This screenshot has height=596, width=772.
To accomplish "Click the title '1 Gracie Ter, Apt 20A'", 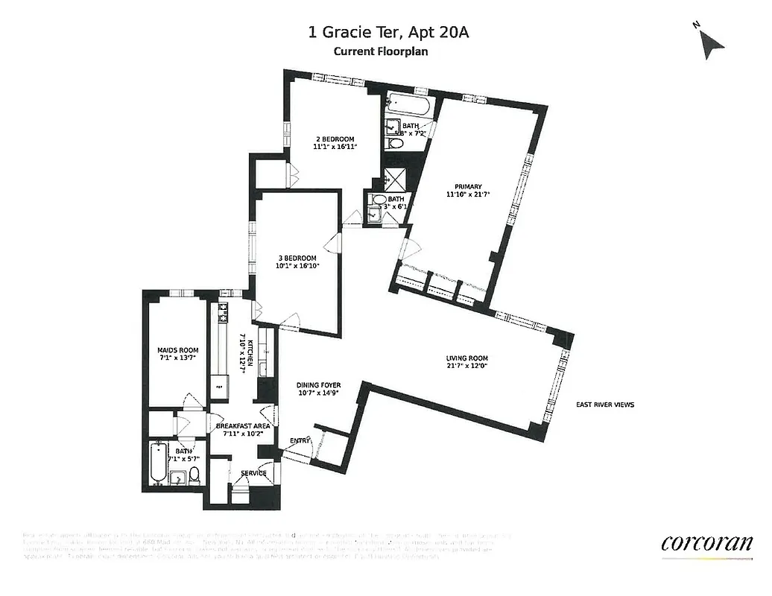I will [389, 32].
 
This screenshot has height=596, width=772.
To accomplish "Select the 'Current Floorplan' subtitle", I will [380, 51].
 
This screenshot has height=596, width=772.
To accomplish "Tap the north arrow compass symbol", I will [709, 43].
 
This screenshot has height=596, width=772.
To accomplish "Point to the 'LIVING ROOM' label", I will [467, 358].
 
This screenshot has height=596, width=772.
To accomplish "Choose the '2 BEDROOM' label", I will [334, 139].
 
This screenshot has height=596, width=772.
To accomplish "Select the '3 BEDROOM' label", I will [297, 259].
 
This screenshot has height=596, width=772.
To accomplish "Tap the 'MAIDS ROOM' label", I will [176, 349].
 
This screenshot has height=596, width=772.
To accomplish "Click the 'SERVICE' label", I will [253, 473].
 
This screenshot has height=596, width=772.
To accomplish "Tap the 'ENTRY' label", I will [300, 441].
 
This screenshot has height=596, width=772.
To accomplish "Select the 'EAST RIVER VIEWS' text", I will [605, 405].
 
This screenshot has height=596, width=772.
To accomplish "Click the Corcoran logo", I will [706, 543].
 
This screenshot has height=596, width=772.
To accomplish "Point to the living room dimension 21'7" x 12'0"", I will [467, 367].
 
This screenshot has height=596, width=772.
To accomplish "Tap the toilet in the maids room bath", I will [194, 475].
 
